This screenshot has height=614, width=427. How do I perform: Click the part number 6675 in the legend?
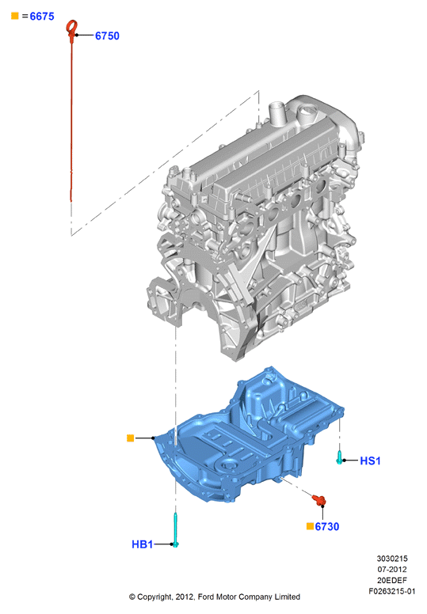click(42, 17)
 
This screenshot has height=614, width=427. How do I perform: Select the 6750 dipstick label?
click(107, 36)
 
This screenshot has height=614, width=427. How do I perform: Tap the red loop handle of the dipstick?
click(72, 29)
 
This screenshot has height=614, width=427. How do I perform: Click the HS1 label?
click(370, 460)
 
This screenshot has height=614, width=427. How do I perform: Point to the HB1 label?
click(142, 544)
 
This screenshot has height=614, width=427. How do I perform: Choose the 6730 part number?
click(327, 527)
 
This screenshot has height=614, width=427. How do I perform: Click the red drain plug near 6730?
click(319, 500)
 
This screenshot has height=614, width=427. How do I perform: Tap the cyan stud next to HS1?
click(339, 457)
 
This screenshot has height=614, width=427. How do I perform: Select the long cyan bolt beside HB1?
click(176, 530)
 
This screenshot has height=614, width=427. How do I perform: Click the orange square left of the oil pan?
click(131, 438)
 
